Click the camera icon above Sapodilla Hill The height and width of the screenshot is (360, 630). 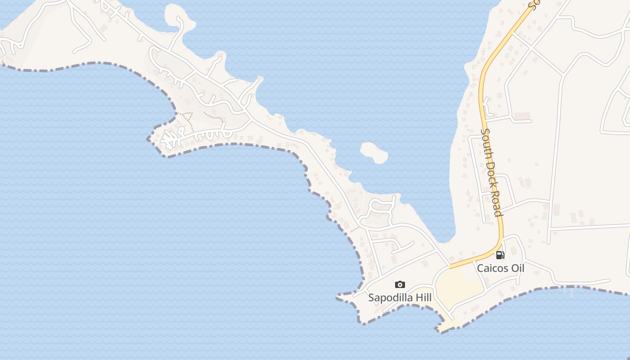point(400,284)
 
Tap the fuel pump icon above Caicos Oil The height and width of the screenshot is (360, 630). point(499,255)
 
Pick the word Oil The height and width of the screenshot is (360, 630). point(517,268)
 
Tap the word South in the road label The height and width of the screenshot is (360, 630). point(487,143)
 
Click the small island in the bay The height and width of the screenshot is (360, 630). point(374,152)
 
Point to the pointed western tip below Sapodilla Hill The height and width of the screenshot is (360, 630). point(338,297)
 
